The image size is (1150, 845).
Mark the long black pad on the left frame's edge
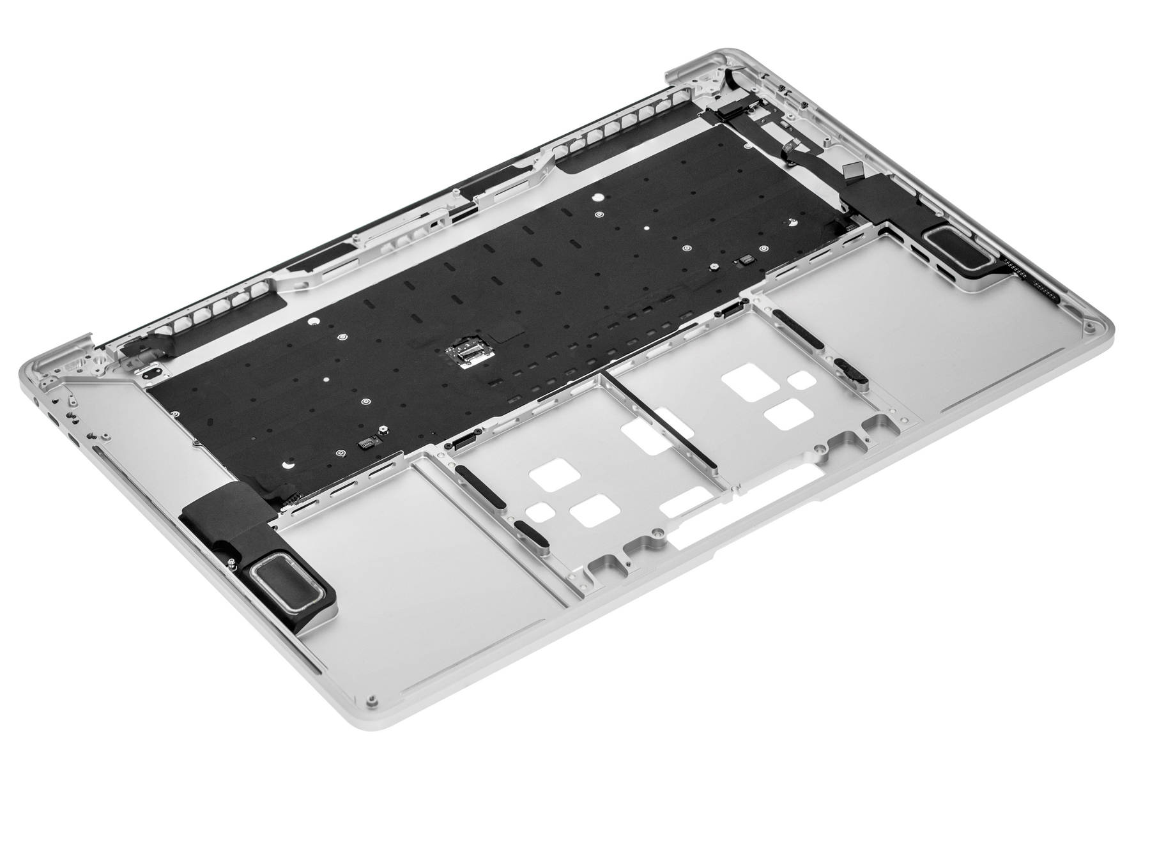click(x=480, y=486)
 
